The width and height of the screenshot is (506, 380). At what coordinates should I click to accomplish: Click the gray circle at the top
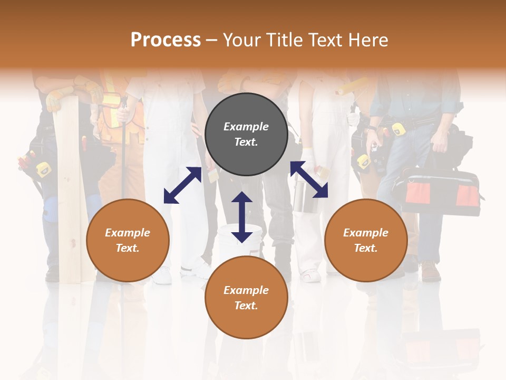tap(246, 135)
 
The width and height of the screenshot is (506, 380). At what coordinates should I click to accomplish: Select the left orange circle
tap(128, 240)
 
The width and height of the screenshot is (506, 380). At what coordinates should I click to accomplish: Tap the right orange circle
tap(366, 240)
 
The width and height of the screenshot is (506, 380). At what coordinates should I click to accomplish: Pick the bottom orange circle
tap(246, 298)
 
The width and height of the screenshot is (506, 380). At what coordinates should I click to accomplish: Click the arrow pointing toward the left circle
tap(182, 185)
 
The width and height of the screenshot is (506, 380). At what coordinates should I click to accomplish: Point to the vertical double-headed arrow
tap(242, 217)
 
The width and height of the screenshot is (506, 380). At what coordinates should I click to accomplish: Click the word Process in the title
tap(166, 40)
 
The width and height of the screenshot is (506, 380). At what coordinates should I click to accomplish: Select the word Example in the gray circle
tap(246, 127)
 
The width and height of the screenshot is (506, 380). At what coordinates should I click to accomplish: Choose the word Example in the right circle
tap(366, 233)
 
